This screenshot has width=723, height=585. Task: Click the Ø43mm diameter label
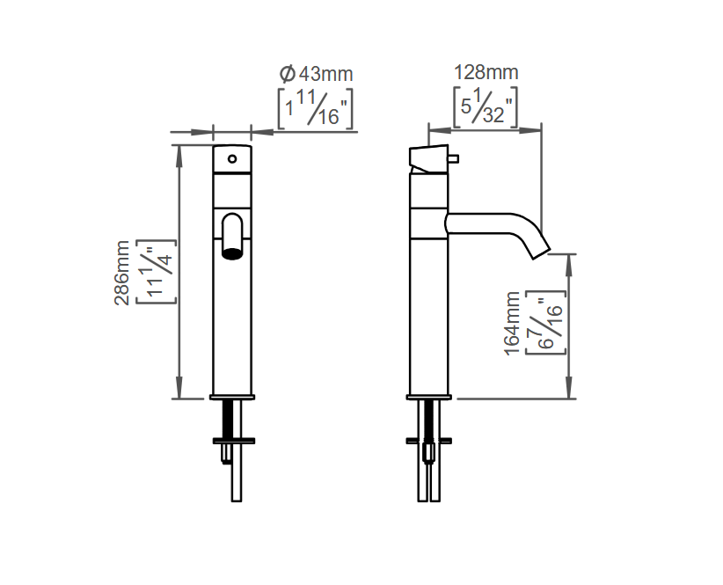point(317,74)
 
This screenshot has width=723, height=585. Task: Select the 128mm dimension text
point(486,72)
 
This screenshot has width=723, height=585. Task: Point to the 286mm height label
point(122,273)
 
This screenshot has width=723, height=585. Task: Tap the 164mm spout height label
point(512,323)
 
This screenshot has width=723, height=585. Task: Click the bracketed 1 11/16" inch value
point(316,109)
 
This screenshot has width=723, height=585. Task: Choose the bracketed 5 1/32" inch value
point(486,107)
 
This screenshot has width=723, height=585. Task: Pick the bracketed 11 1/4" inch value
point(157,272)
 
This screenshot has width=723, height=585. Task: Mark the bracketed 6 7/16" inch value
point(546,323)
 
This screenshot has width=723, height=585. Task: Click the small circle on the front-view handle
point(232,159)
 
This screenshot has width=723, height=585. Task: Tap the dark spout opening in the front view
point(232,253)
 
